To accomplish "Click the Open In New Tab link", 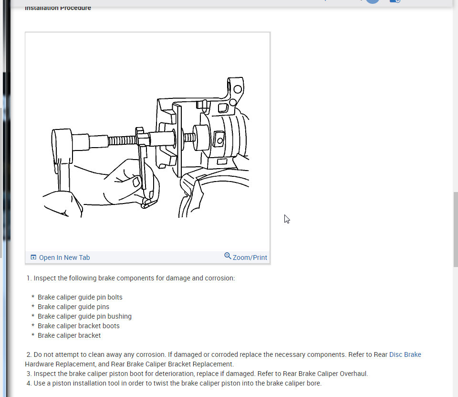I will click(64, 258).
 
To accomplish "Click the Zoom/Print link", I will click(250, 258).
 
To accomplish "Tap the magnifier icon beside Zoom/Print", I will click(228, 256).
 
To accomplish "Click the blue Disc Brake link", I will click(405, 354).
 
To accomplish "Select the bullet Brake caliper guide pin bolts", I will click(80, 297).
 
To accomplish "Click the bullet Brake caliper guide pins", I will click(73, 307).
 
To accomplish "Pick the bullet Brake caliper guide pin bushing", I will click(84, 316).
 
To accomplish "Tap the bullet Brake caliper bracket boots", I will click(78, 326).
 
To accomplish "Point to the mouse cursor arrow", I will click(286, 218).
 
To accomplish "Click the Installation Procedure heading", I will click(58, 8).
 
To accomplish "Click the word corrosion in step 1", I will click(219, 278).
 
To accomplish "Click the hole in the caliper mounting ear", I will click(237, 88).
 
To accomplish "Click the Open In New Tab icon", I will click(33, 258).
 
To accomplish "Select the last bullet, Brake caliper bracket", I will click(69, 335).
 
